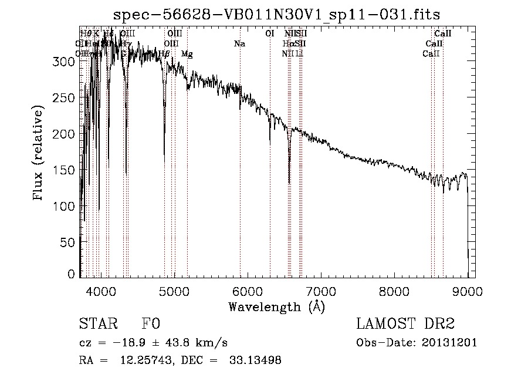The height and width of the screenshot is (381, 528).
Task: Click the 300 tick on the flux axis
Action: point(67,61)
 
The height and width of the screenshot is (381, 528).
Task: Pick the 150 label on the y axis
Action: point(67,170)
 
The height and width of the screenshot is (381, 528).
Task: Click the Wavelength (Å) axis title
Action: point(276,306)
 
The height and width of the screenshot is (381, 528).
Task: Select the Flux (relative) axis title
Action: point(39,154)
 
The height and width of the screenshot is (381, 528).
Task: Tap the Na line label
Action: point(239,44)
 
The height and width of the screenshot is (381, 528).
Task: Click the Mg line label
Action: point(187,54)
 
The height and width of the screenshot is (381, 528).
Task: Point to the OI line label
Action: point(270,34)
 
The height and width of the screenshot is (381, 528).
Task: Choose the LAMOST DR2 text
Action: point(405,324)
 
